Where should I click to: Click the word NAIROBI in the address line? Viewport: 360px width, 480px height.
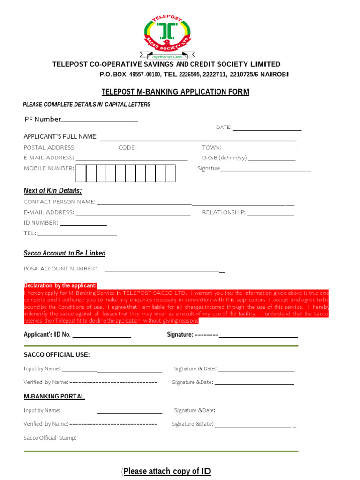tap(274, 75)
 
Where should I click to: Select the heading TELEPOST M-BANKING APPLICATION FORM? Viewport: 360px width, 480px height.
tap(175, 92)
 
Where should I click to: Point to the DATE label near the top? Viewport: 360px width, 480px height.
tap(224, 127)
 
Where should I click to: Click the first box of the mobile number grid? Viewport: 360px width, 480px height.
tap(81, 173)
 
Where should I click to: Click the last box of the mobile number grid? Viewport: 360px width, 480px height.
tap(170, 173)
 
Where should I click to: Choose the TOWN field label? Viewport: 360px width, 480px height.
tap(212, 148)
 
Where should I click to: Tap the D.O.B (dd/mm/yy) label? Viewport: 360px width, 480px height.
tap(224, 158)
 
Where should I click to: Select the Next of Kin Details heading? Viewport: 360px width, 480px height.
tap(52, 190)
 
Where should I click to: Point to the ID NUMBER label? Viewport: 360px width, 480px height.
tap(41, 223)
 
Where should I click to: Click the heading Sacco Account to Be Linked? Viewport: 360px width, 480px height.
tap(65, 253)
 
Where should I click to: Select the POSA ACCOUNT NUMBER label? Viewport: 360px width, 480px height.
tap(60, 269)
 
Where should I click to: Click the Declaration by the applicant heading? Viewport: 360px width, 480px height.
tap(60, 285)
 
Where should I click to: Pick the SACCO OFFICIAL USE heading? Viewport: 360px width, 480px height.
tap(57, 354)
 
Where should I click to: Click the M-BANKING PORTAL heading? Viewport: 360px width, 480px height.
tap(54, 397)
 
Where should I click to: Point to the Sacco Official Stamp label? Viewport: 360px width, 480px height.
tap(50, 438)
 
